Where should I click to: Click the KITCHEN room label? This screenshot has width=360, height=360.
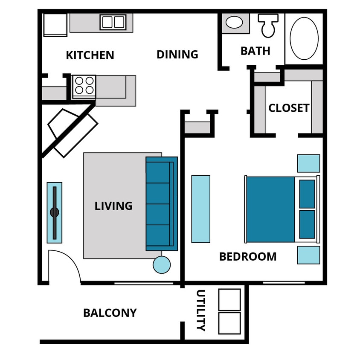click(x=90, y=55)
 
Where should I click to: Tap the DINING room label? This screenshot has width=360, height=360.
click(x=177, y=55)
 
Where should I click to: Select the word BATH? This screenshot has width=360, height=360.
click(x=255, y=51)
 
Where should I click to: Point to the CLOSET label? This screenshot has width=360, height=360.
click(x=289, y=108)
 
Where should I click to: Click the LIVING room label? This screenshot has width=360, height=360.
click(x=113, y=206)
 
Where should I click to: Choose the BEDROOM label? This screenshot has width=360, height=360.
click(x=247, y=257)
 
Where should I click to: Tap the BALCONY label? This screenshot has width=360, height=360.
click(x=110, y=313)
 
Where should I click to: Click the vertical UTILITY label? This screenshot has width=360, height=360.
click(x=200, y=310)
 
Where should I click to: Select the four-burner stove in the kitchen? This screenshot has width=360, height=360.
click(x=84, y=86)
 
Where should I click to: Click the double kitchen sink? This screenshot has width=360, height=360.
click(x=113, y=22)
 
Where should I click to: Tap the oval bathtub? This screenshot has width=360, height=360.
click(x=304, y=38)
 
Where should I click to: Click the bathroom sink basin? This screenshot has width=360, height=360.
click(x=234, y=22)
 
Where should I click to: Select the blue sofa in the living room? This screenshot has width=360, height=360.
click(x=161, y=204)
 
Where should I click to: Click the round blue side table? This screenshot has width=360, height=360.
click(x=162, y=264)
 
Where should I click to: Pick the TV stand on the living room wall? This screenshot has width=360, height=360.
click(x=54, y=212)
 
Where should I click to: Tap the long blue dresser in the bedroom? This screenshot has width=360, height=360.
click(x=200, y=209)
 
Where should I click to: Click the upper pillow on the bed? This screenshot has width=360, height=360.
click(x=307, y=194)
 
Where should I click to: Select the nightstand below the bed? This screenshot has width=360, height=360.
click(x=308, y=255)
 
